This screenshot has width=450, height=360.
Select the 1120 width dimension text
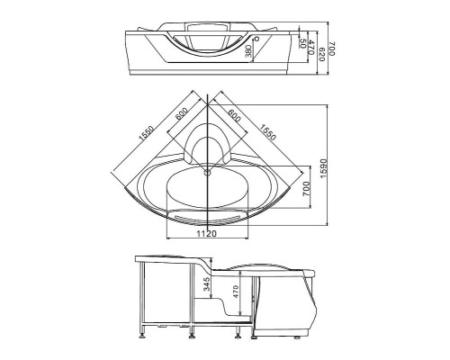209,234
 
